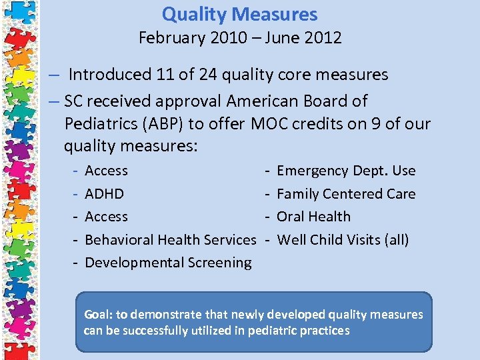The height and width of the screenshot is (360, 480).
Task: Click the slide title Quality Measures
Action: [240, 14]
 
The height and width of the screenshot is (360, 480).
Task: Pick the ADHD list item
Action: [104, 194]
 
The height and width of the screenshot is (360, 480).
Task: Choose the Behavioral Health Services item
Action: [170, 239]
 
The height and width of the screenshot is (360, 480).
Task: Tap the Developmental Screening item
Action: [168, 263]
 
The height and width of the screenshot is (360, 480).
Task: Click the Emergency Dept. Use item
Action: [346, 171]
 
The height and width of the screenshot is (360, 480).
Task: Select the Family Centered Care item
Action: [346, 194]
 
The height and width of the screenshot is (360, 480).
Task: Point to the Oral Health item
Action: [313, 217]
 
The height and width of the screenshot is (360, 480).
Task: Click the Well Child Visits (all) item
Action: [343, 239]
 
